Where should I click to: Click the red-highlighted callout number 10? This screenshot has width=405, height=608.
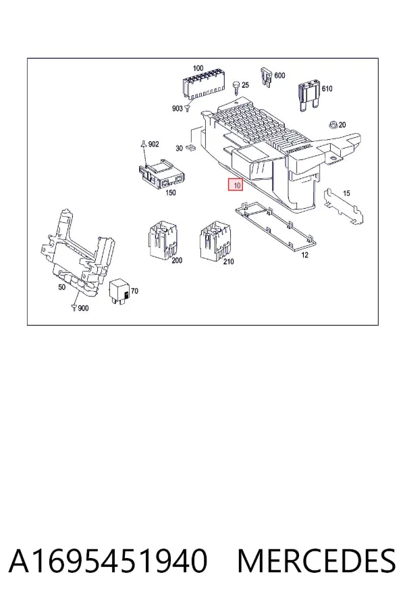tap(236, 185)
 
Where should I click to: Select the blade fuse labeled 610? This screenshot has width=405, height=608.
tap(309, 95)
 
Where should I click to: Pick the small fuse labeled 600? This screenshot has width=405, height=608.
tap(267, 77)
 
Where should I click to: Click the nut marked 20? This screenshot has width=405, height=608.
tap(333, 125)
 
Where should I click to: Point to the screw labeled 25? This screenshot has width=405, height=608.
tap(236, 88)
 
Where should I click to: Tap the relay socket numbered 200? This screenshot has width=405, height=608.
tap(163, 239)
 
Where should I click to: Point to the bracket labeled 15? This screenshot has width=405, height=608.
tap(344, 205)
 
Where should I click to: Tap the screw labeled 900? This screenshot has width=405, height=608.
tap(74, 307)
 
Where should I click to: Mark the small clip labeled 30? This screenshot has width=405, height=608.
tap(191, 148)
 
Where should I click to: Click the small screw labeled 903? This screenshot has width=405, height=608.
tap(187, 107)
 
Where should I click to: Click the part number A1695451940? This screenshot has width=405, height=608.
tap(108, 561)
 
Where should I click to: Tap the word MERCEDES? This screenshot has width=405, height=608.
tap(317, 561)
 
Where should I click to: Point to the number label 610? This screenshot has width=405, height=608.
tap(327, 88)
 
